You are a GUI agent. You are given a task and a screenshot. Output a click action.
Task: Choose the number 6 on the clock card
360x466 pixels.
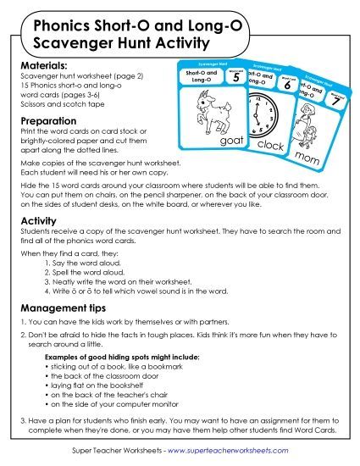pos(287,86)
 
